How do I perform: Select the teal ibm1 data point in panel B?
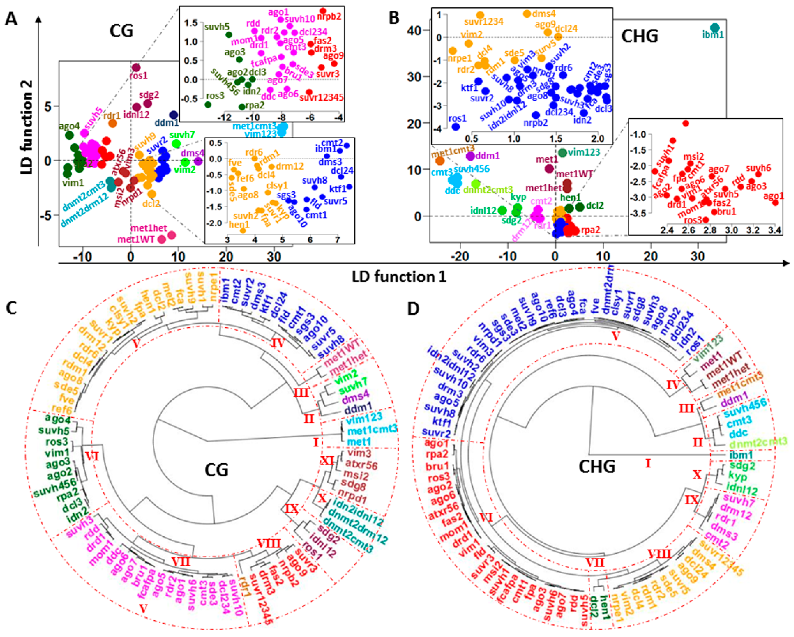point(714,28)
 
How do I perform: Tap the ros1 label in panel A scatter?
point(138,76)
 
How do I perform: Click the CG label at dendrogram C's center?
point(217,470)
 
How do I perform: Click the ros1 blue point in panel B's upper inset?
point(456,127)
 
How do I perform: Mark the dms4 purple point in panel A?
point(198,161)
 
